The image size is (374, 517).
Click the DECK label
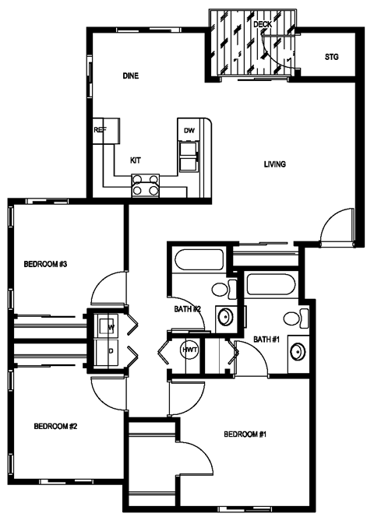[x=262, y=24]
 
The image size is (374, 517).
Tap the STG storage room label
[x=331, y=58]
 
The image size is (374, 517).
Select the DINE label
[x=130, y=76]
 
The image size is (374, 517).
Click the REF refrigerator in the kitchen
[x=100, y=130]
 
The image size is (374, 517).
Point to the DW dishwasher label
[x=189, y=130]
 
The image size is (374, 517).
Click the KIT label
[x=136, y=160]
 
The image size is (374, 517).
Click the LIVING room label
[x=274, y=164]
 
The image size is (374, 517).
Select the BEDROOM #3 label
[x=47, y=265]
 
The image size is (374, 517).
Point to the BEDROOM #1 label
[x=245, y=434]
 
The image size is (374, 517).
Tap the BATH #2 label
[x=188, y=309]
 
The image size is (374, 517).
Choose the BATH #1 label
[x=266, y=339]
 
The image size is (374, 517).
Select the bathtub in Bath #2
[x=196, y=260]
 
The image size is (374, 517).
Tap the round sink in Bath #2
[x=225, y=317]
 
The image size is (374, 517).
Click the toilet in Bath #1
[x=292, y=317]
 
